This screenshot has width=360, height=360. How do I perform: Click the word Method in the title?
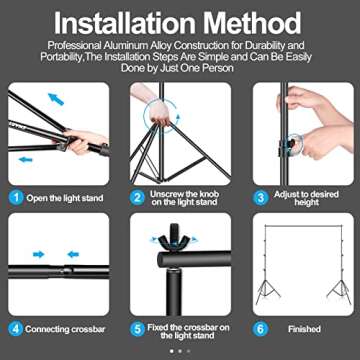click(254, 22)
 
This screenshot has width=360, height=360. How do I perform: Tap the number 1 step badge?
click(16, 198)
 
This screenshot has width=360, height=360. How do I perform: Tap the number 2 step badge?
click(137, 198)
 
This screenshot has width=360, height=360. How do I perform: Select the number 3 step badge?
click(259, 198)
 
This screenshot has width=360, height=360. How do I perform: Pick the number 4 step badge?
click(16, 328)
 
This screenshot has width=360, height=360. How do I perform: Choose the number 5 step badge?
click(137, 328)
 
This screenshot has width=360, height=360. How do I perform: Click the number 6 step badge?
click(259, 328)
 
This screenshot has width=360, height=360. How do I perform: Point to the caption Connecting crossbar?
click(63, 328)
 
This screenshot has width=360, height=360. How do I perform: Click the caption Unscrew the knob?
click(184, 194)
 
